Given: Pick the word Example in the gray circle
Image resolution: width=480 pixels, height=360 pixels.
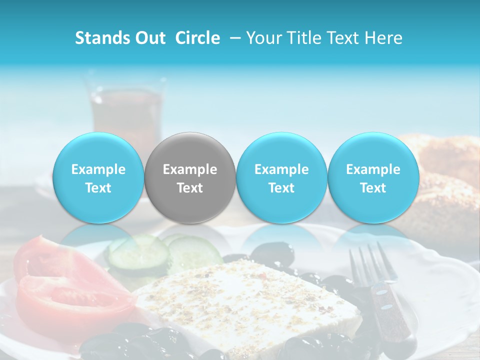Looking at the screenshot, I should point(190,169).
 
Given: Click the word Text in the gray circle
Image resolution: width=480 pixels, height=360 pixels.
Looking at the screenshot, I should point(190,188).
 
